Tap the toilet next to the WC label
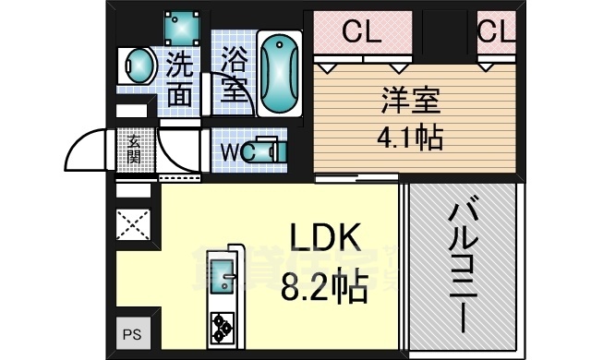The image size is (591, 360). click(270, 150)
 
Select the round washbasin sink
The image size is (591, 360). click(139, 67)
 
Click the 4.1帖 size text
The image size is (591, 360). click(409, 138)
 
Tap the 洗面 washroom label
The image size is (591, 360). click(182, 78)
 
